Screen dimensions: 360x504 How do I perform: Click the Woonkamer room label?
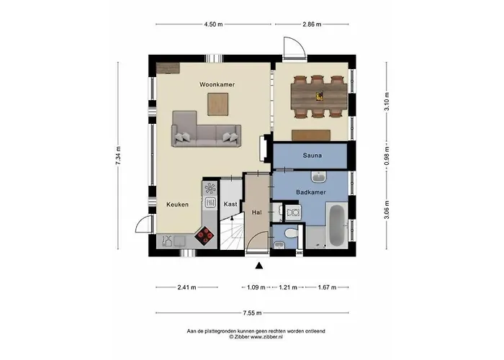pos(217,85)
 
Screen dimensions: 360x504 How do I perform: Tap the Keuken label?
pos(177,204)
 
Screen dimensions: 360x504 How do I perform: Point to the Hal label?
pos(256,212)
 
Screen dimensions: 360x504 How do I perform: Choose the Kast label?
pos(230,204)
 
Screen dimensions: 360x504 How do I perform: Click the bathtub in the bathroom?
pos(337,225)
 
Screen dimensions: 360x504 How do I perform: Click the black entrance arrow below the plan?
pos(258,266)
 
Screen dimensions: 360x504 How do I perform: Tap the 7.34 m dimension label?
pos(118,156)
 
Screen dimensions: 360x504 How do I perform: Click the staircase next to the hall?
pos(231,234)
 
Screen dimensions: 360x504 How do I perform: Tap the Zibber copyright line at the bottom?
pos(256,336)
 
